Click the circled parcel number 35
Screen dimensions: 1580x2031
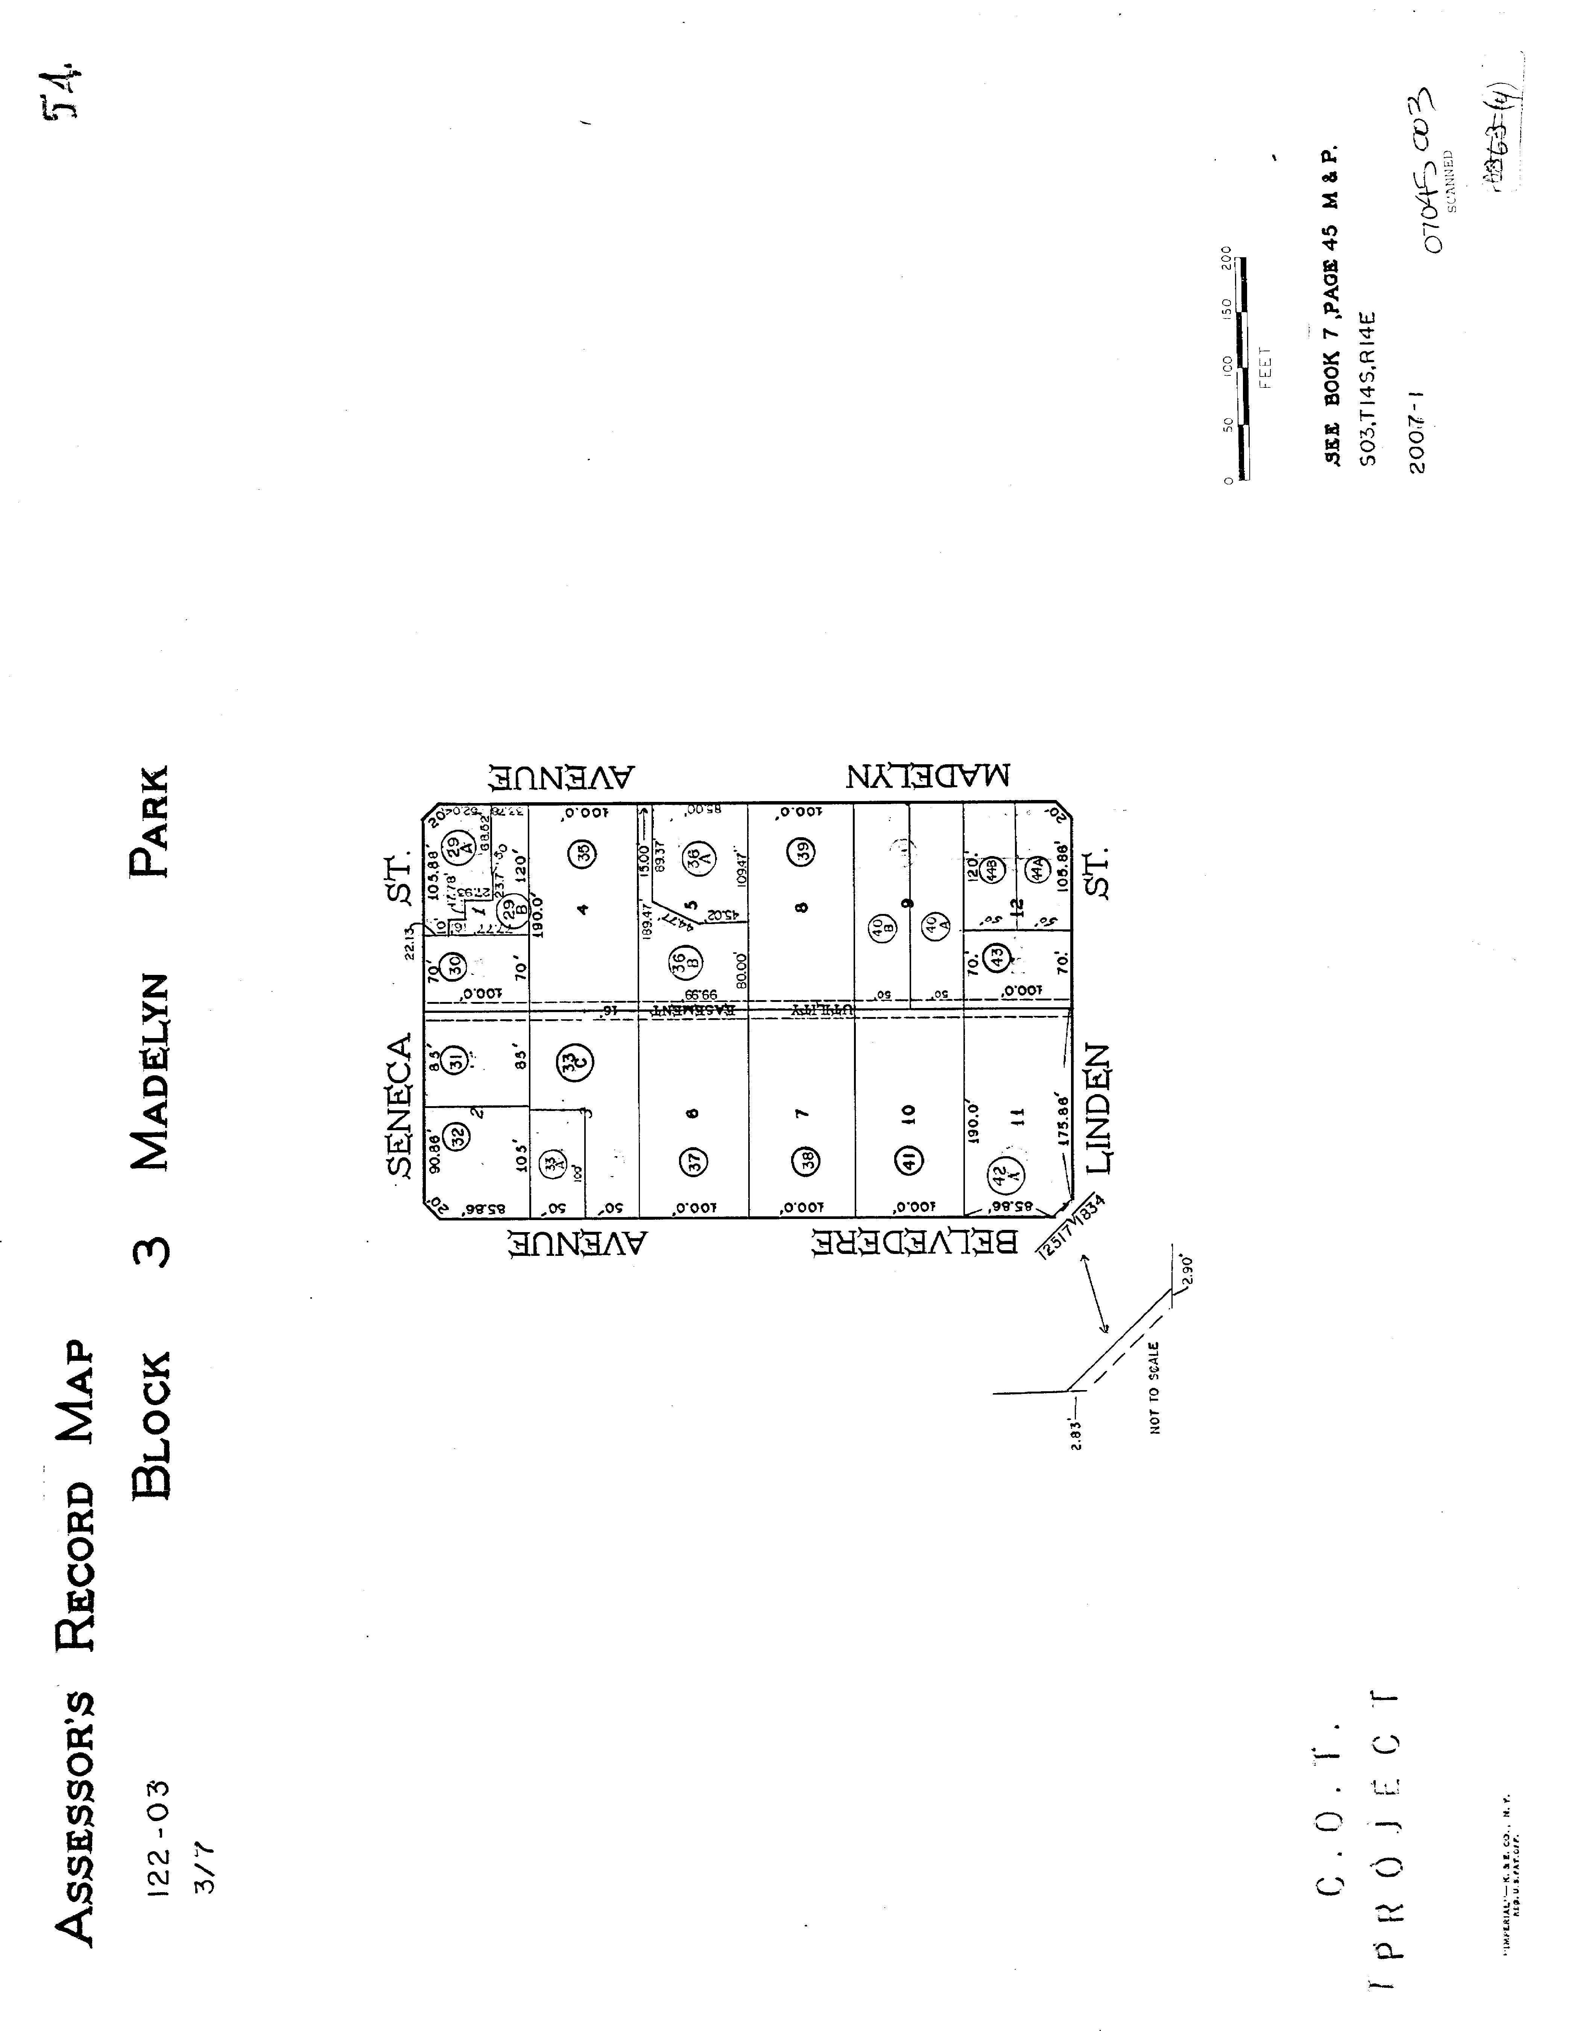pyautogui.click(x=584, y=853)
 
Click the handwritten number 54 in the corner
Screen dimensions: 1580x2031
pyautogui.click(x=62, y=95)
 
